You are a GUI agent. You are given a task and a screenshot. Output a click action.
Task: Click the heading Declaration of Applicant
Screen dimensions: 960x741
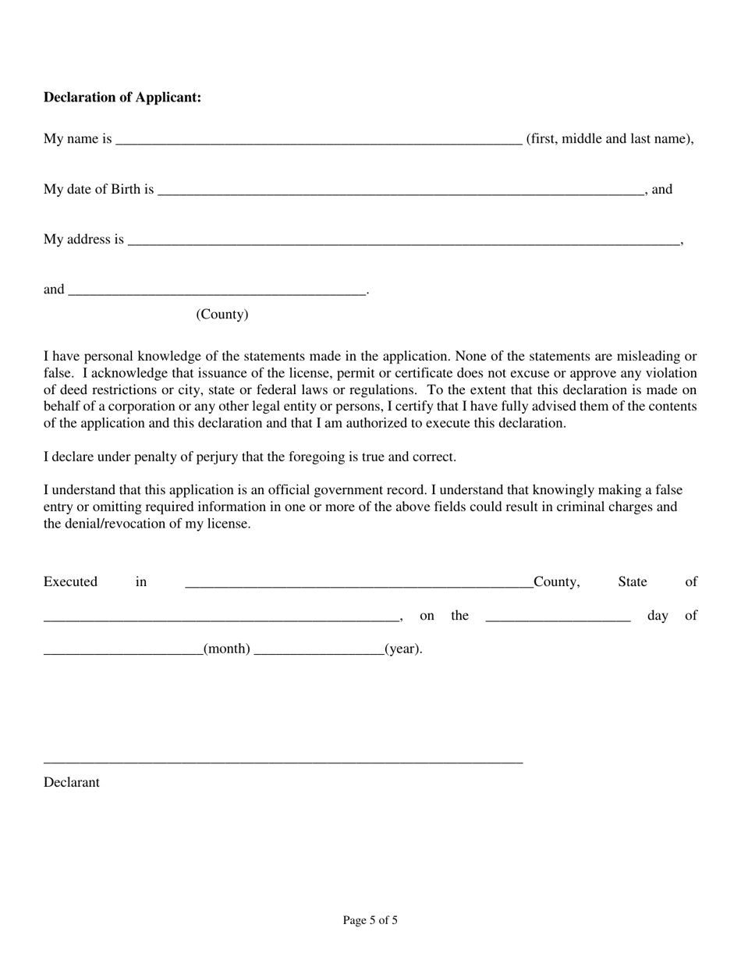122,98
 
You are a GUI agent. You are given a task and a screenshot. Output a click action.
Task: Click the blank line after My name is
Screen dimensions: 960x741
318,140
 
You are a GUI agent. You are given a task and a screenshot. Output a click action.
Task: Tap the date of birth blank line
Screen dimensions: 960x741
400,190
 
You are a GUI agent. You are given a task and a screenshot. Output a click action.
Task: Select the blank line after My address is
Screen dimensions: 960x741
403,241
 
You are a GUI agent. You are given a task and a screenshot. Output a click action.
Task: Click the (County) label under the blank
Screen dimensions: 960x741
222,315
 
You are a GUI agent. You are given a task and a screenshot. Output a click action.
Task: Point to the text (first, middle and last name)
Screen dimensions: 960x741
609,139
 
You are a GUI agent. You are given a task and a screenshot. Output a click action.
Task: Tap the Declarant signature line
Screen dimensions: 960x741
282,761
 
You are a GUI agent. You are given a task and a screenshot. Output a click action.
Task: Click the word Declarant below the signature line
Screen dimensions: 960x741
72,782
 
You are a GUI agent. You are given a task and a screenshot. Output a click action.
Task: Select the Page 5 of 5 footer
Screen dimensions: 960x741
370,920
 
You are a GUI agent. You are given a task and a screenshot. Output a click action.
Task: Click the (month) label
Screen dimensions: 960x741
226,649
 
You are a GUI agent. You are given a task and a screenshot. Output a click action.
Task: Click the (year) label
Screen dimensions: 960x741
402,649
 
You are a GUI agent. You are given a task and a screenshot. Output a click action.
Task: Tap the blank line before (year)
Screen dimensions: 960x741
318,651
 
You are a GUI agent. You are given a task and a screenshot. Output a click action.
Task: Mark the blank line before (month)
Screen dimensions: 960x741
122,651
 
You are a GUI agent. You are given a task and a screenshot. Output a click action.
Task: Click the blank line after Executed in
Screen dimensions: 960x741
359,584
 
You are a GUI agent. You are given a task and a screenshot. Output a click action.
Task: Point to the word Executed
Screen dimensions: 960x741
70,582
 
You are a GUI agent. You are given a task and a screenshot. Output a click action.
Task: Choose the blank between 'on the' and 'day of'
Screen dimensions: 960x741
557,617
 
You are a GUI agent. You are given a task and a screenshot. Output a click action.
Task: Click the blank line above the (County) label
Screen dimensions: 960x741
217,292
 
